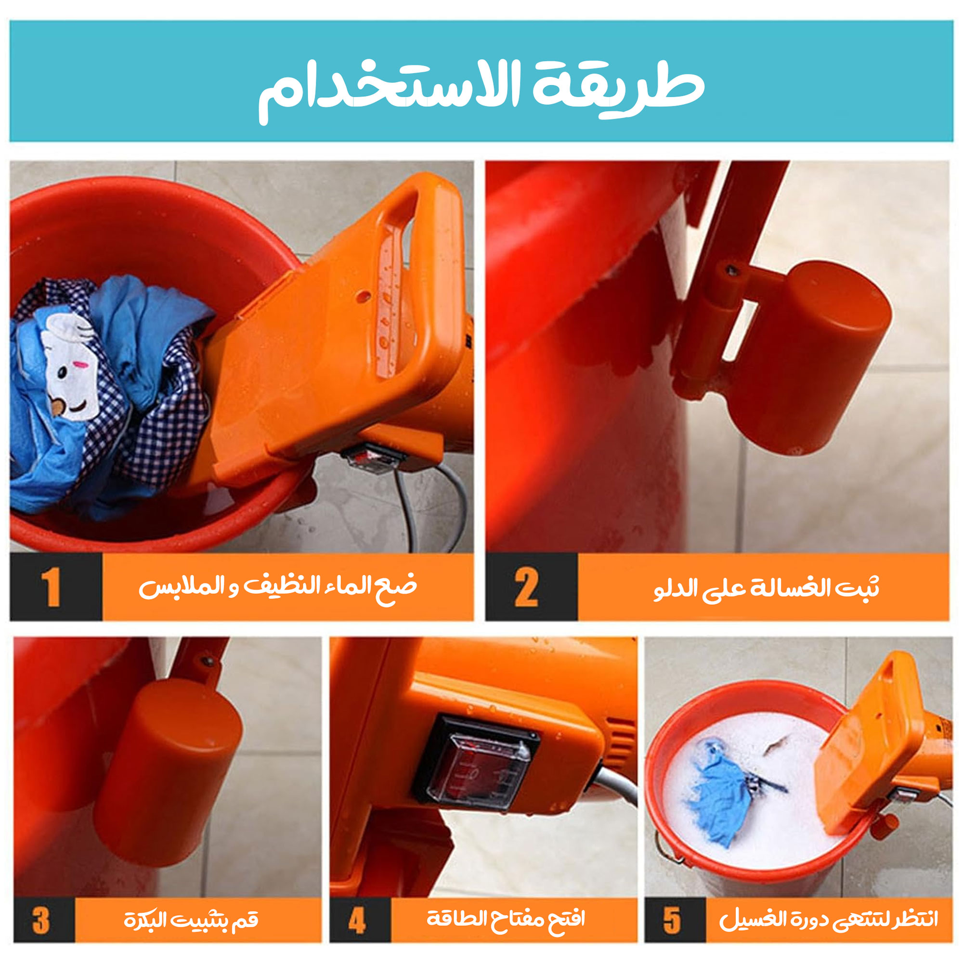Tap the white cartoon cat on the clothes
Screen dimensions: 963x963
pyautogui.click(x=70, y=366)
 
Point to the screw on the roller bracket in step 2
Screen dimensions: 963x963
pyautogui.click(x=732, y=270)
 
